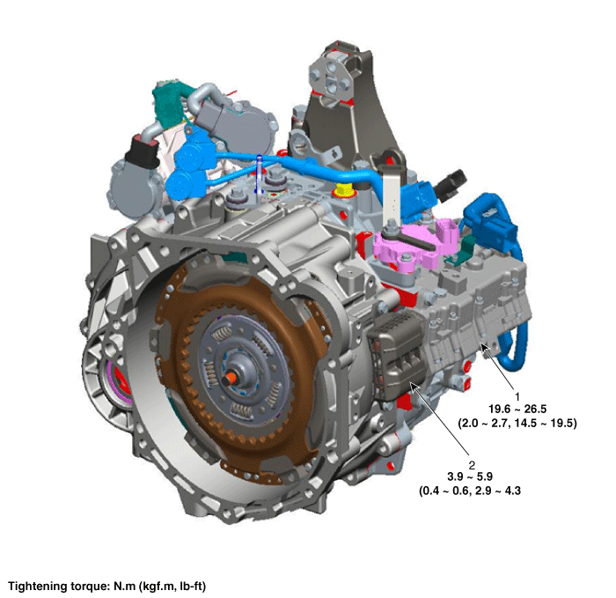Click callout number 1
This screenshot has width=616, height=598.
517,396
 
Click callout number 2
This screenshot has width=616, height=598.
472,465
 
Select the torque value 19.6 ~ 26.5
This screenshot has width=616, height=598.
517,409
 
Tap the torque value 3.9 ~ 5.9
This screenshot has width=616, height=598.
470,476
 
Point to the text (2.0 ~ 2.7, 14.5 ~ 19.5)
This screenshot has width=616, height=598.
517,423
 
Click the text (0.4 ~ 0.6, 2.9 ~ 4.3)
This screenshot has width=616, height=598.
470,491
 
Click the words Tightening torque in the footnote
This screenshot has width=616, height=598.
58,587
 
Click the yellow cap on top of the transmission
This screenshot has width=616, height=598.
343,189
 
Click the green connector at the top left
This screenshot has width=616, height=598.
169,103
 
